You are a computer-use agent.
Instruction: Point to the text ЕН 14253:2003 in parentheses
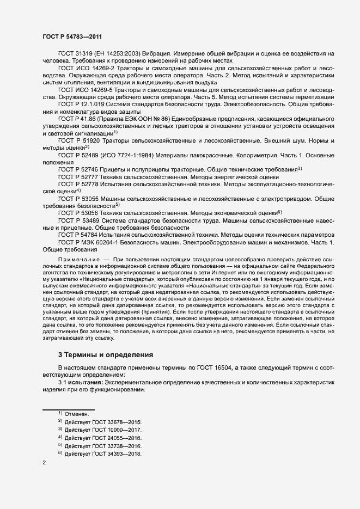click(118, 53)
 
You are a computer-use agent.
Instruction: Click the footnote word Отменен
click(76, 415)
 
